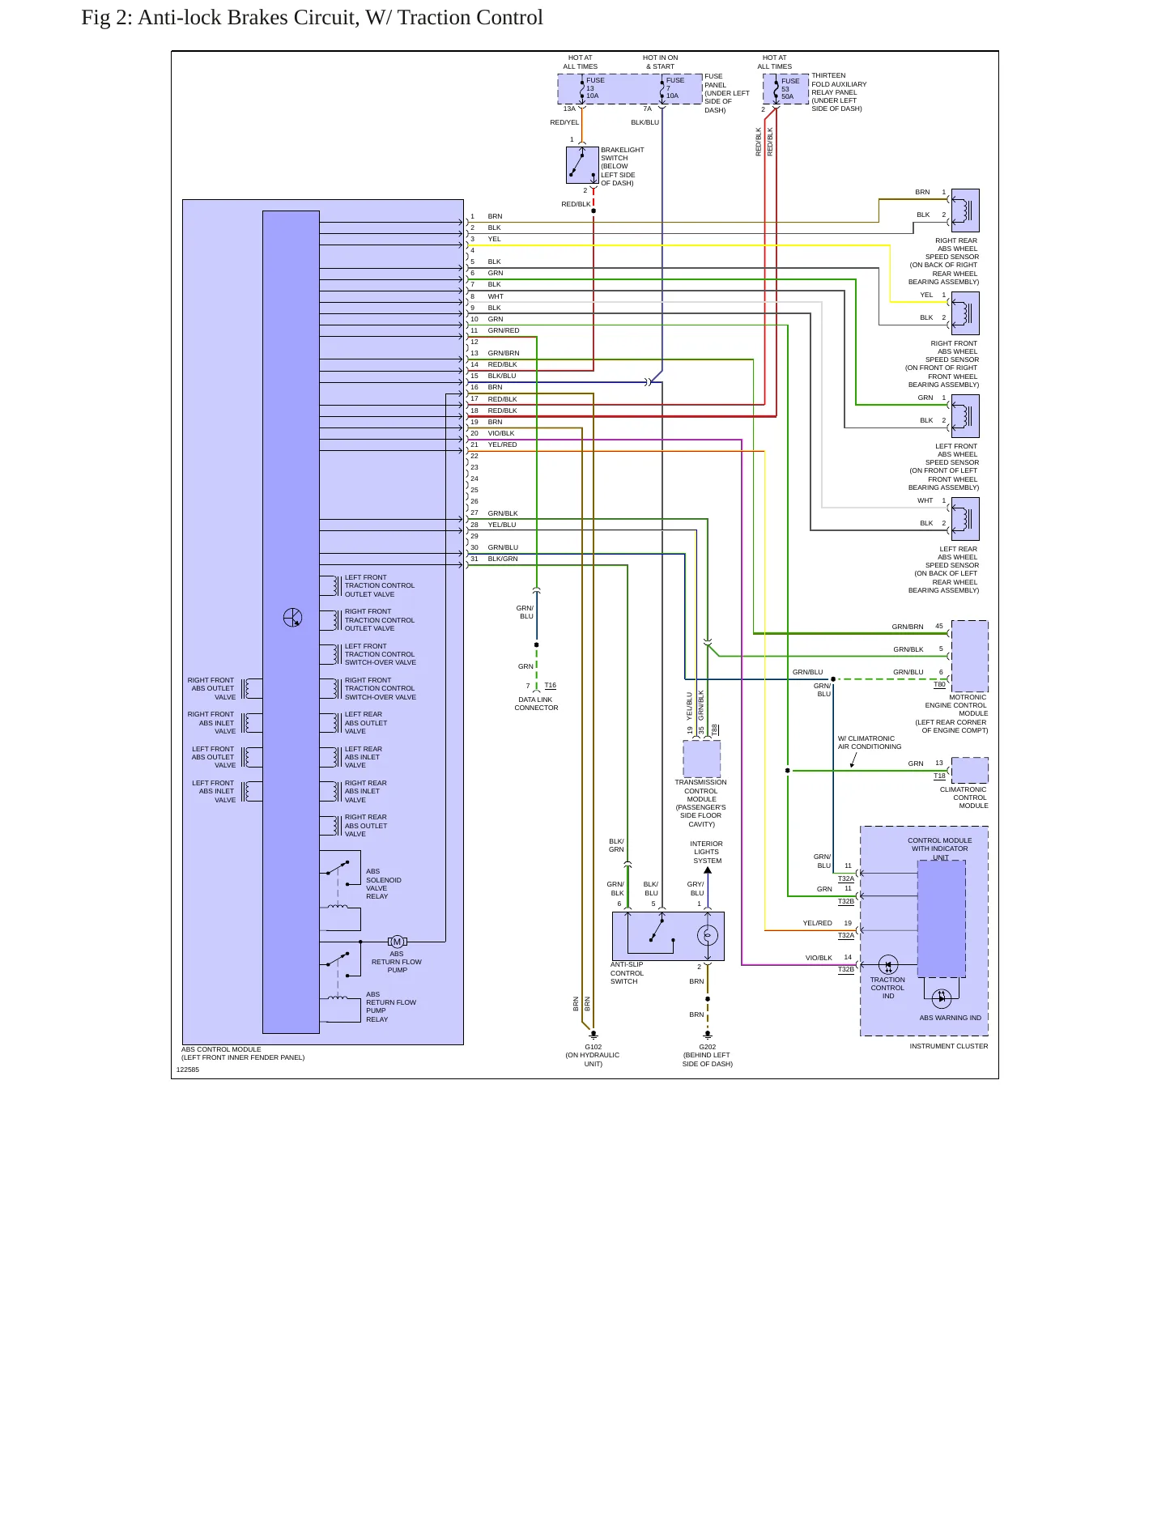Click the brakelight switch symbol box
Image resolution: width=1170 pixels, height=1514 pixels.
[582, 165]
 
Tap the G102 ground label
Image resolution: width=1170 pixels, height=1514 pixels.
[594, 1047]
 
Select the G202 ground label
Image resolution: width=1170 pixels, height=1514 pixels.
[708, 1047]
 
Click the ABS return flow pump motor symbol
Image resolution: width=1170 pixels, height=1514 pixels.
[397, 942]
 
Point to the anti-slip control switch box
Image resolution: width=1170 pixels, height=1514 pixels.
[668, 936]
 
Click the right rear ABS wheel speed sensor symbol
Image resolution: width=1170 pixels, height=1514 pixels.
[965, 211]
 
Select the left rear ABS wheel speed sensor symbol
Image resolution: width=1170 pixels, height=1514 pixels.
[965, 519]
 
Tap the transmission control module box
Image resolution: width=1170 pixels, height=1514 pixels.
[702, 759]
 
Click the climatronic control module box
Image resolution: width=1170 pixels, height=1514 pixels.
[970, 770]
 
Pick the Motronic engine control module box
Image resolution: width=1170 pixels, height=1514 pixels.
[970, 656]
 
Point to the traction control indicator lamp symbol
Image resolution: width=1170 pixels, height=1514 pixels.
[888, 965]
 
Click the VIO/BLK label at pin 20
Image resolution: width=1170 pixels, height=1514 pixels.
[501, 433]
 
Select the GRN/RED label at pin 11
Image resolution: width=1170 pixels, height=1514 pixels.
[504, 330]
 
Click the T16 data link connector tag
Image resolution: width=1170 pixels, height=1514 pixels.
[551, 686]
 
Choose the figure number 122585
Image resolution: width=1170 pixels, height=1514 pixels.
[188, 1070]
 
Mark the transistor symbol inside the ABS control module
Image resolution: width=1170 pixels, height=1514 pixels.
[292, 618]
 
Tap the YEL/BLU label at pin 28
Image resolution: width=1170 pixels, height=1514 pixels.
[502, 525]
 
